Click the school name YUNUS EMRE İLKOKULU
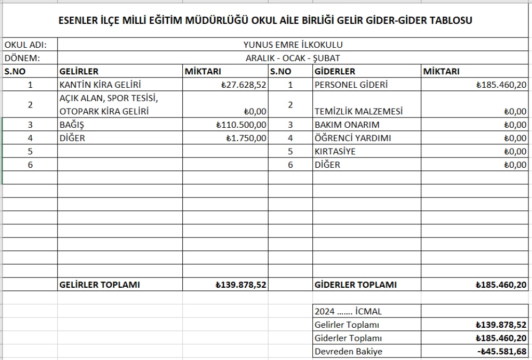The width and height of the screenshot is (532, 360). click(x=293, y=45)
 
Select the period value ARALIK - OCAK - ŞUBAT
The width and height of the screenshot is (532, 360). click(x=293, y=58)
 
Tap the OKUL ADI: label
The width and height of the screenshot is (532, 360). click(x=25, y=45)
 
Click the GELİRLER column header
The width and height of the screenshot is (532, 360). click(x=79, y=72)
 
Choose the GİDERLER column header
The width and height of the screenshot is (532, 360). click(x=335, y=72)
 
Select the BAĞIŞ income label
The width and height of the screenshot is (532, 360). click(x=72, y=125)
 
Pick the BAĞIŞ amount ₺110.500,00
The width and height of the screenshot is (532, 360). click(x=242, y=125)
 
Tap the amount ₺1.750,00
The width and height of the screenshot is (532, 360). click(x=246, y=138)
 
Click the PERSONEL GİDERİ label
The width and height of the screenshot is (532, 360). click(x=351, y=85)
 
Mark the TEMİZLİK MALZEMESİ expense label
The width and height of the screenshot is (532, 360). click(x=359, y=111)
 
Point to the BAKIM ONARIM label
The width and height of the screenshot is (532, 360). click(x=347, y=125)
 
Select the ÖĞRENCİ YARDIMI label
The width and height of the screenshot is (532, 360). click(x=353, y=138)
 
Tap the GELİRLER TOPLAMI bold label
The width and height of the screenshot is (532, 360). click(x=100, y=285)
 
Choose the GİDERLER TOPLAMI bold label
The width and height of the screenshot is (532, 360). click(x=355, y=285)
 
